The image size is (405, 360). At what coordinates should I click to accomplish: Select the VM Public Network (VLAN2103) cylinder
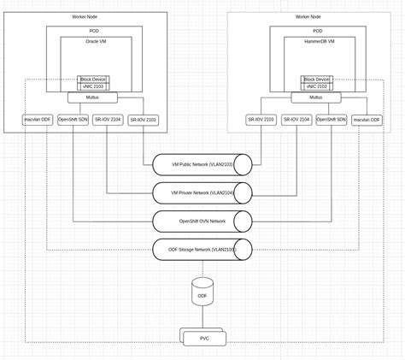coord(202,163)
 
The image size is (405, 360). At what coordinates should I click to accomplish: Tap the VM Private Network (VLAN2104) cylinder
coord(202,192)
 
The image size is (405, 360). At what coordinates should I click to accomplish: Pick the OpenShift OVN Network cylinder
coord(202,221)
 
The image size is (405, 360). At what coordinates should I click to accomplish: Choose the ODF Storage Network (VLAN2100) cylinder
coord(202,250)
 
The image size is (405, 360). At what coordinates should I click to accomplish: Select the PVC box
coord(203,339)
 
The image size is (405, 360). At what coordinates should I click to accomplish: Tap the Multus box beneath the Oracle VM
coord(92,97)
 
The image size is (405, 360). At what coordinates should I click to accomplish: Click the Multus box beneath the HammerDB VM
coord(317,97)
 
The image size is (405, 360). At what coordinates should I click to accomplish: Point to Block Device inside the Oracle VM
coord(92,80)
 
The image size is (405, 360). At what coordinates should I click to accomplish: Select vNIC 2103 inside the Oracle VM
coord(92,87)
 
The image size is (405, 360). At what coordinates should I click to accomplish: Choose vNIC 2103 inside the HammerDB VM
coord(317,87)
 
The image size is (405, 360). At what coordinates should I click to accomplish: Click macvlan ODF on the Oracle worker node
coord(38,120)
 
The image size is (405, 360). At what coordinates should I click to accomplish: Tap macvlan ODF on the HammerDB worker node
coord(367,120)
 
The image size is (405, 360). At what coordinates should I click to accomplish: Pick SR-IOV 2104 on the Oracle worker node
coord(109,120)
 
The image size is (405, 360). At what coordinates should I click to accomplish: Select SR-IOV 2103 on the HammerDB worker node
coord(261,120)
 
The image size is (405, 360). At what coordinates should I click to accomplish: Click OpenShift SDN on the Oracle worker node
coord(73,120)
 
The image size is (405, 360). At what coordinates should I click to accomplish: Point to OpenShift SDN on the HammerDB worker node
coord(332,120)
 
